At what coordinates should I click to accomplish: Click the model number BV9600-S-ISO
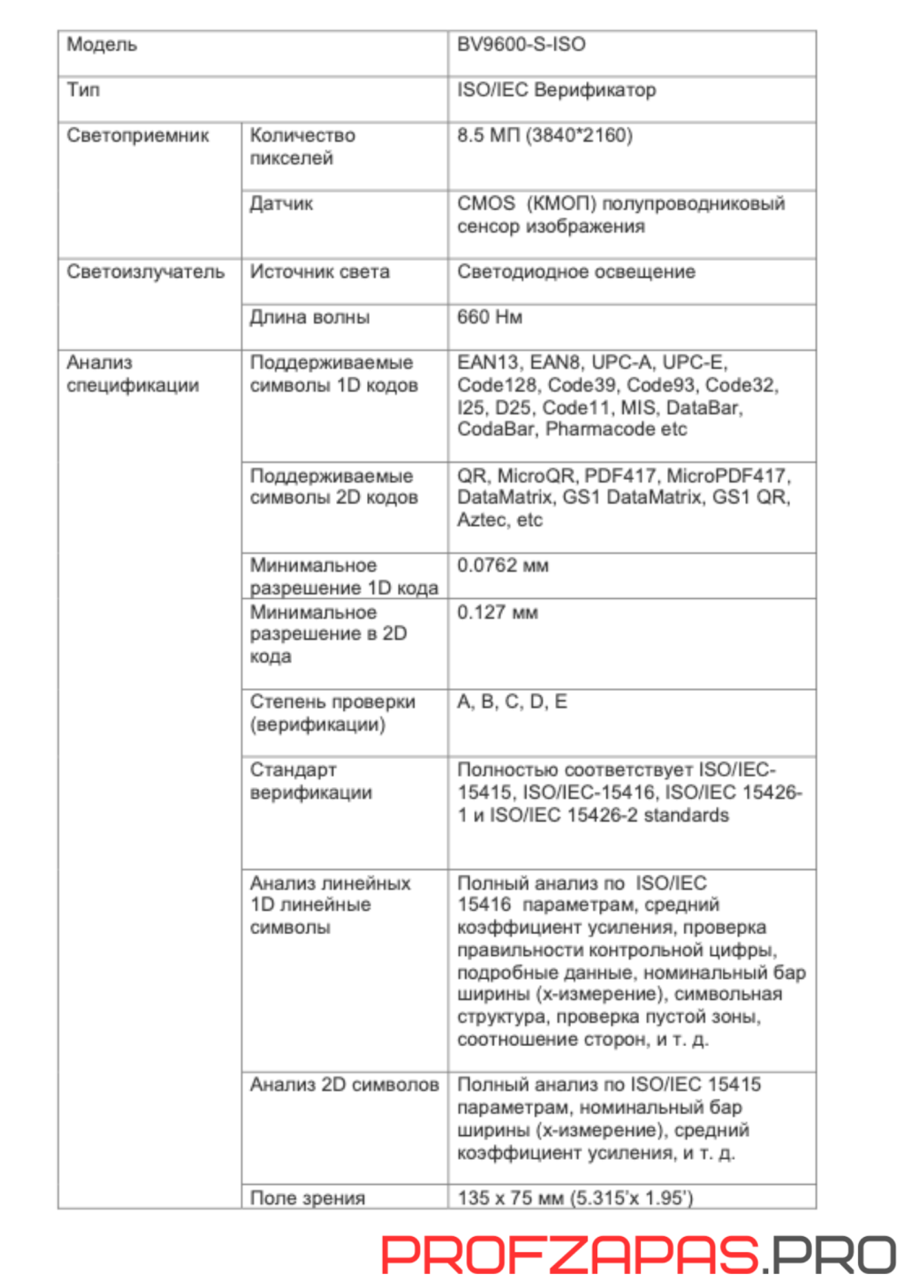click(x=521, y=45)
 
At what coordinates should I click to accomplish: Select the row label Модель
click(x=102, y=45)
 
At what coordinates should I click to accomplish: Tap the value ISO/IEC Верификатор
click(x=556, y=90)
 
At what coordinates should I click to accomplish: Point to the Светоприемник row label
click(x=137, y=135)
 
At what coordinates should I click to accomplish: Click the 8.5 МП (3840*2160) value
click(x=544, y=135)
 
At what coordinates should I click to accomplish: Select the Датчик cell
click(x=281, y=204)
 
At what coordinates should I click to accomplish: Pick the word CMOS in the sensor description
click(x=485, y=204)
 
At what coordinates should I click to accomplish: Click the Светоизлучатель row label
click(x=145, y=272)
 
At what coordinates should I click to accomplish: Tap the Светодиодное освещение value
click(x=575, y=272)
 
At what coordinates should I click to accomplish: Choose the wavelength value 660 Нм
click(x=489, y=317)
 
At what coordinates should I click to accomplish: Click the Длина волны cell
click(x=309, y=317)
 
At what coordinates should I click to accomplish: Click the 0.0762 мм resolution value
click(x=502, y=565)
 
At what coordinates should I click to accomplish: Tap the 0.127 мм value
click(x=497, y=613)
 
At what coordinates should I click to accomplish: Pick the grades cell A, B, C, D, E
click(x=512, y=702)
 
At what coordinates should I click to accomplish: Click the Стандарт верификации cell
click(x=311, y=781)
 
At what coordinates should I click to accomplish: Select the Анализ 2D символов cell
click(x=344, y=1084)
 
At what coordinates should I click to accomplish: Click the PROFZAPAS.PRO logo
click(x=638, y=1254)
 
